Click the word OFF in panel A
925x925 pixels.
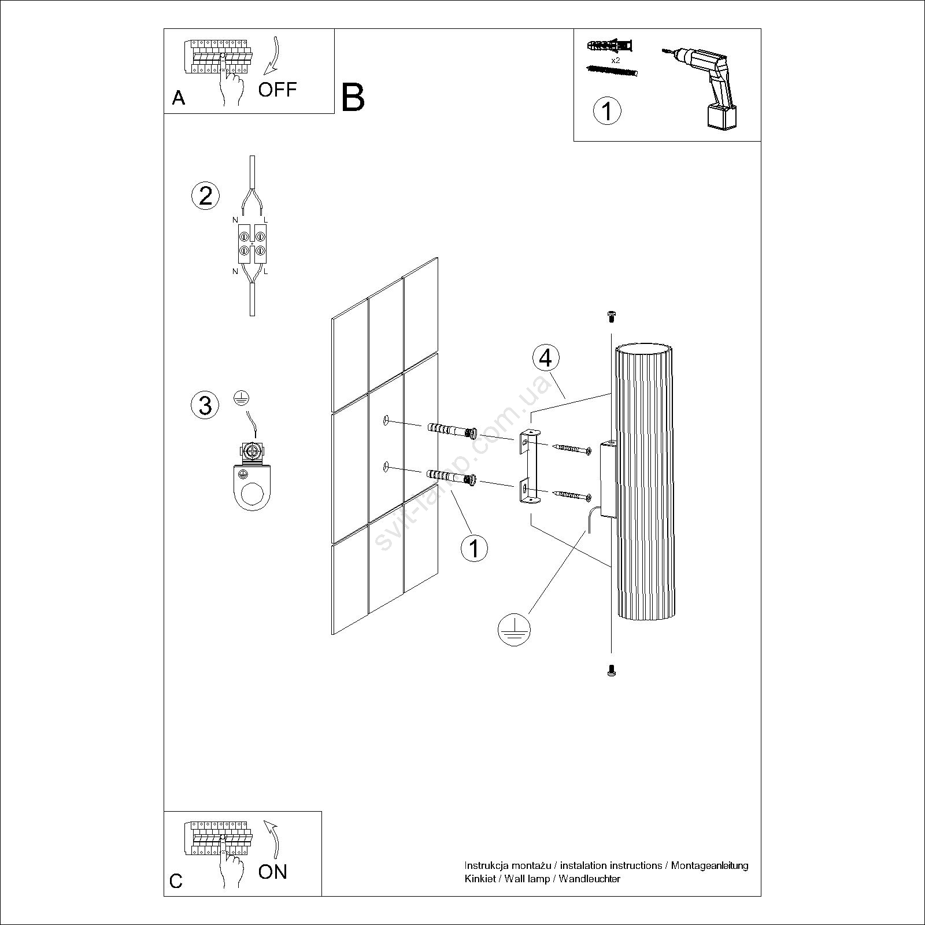(x=277, y=90)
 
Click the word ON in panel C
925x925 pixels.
(x=272, y=871)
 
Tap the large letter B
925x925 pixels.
(x=353, y=98)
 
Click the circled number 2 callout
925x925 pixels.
(x=205, y=196)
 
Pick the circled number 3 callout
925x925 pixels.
(x=205, y=405)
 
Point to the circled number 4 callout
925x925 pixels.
(x=545, y=358)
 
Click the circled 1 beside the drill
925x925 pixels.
(x=607, y=110)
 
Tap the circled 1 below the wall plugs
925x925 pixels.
(x=474, y=547)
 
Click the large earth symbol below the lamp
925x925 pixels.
(x=514, y=629)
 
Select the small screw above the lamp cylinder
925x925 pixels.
(x=611, y=316)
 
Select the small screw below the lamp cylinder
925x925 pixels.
(x=611, y=670)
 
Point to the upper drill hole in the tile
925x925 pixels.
(x=386, y=421)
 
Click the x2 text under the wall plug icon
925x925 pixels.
(x=615, y=60)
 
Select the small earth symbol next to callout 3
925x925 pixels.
(x=243, y=397)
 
